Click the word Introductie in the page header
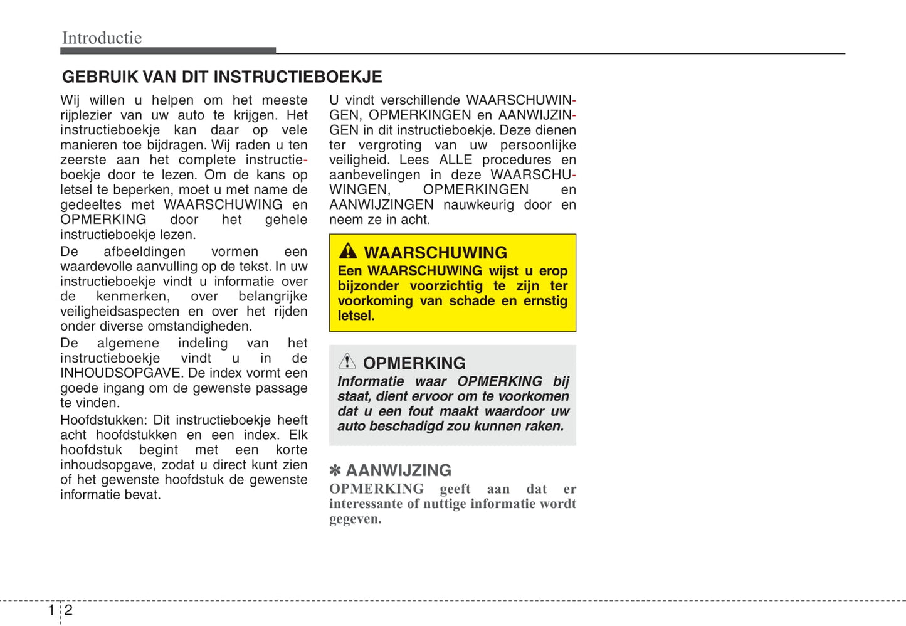102,38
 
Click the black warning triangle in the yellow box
348,251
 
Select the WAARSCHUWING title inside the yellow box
436,253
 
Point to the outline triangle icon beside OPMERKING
347,361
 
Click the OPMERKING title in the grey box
414,363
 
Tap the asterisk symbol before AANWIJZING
335,470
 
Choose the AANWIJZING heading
399,470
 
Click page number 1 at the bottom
51,610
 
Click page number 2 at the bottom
68,610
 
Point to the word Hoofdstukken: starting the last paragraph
103,420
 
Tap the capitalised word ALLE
455,160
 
